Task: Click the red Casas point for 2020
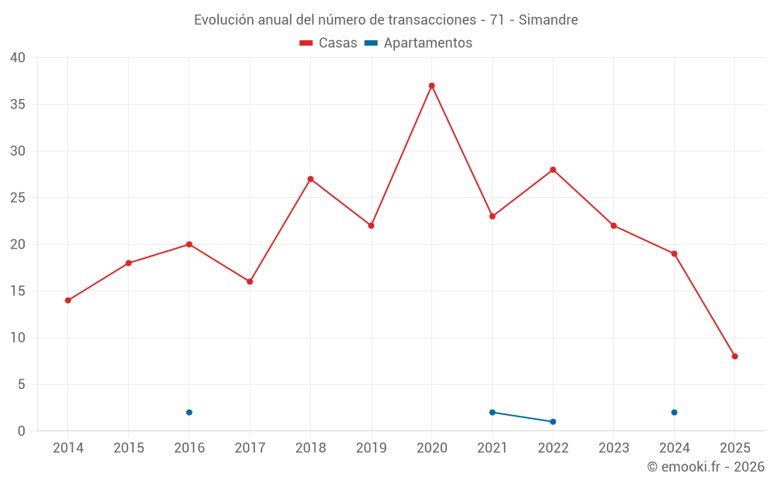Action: (431, 86)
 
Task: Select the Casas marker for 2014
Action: (68, 301)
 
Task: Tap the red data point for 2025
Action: (734, 356)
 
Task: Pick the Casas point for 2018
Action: (311, 179)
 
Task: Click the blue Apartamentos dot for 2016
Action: (189, 413)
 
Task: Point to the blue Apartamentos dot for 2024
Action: (674, 413)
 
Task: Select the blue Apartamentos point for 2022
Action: (553, 422)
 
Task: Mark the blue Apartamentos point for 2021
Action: (492, 413)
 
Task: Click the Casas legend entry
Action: (329, 43)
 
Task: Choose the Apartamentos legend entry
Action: (418, 43)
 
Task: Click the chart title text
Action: (386, 20)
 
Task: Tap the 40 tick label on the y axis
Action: (18, 58)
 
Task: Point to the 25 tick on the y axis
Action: (18, 198)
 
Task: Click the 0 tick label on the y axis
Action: (22, 431)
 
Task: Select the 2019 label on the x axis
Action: (371, 448)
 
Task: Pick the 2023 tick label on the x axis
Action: (613, 448)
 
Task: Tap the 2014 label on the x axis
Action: (68, 448)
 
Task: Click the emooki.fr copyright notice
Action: (705, 467)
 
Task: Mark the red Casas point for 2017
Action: (250, 282)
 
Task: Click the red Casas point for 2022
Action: (553, 170)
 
